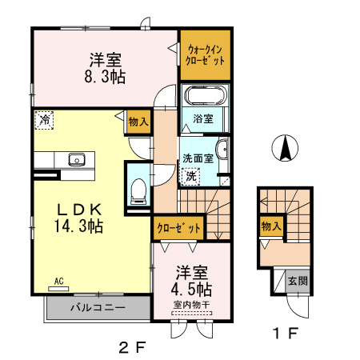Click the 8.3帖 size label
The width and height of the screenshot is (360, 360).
105,78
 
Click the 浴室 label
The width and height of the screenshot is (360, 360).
203,119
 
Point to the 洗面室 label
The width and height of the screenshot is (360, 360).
196,158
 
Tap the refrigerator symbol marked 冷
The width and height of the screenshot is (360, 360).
45,120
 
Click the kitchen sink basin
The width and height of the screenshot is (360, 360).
77,158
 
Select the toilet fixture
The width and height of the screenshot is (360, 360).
138,189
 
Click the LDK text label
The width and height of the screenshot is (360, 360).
78,209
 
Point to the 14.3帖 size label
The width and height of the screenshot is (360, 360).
78,226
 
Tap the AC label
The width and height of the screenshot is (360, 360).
59,281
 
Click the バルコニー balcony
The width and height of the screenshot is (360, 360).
97,307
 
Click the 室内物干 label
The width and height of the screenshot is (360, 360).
190,305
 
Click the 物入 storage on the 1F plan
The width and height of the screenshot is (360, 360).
270,227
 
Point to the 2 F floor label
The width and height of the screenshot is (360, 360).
133,346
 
